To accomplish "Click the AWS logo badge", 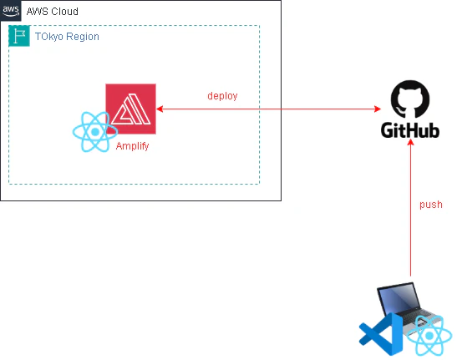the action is point(11,11).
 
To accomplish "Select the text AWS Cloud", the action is point(53,12).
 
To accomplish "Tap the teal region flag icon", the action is point(19,36).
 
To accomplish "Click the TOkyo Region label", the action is point(67,37).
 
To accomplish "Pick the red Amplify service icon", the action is point(130,109).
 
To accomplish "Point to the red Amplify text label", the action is point(132,145).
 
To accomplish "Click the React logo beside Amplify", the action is point(95,132).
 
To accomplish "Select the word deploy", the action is point(222,96).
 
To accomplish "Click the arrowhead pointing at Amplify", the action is point(160,109).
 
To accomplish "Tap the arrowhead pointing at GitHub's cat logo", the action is point(378,109).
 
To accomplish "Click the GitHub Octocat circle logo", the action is point(410,99).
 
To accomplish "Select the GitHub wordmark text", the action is point(410,130).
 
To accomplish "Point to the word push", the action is point(431,205).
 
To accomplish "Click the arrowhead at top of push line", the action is point(411,142).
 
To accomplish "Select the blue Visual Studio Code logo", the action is point(381,334).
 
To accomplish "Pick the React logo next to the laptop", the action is point(429,336).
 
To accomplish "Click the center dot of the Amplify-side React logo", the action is point(95,132).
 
